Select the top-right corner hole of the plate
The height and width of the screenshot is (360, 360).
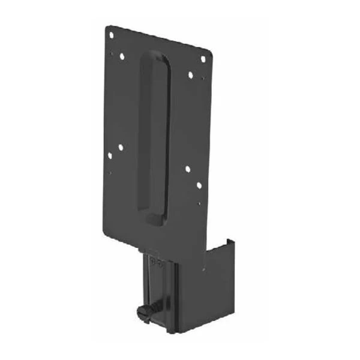(x=203, y=59)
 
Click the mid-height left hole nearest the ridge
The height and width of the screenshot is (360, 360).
(x=121, y=146)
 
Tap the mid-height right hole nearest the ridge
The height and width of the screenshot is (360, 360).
(x=188, y=170)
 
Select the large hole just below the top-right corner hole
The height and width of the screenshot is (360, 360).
(x=190, y=75)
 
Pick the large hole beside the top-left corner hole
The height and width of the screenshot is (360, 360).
(x=122, y=56)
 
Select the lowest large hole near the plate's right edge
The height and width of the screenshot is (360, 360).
(x=199, y=185)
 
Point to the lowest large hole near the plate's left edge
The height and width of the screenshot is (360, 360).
(x=110, y=156)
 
